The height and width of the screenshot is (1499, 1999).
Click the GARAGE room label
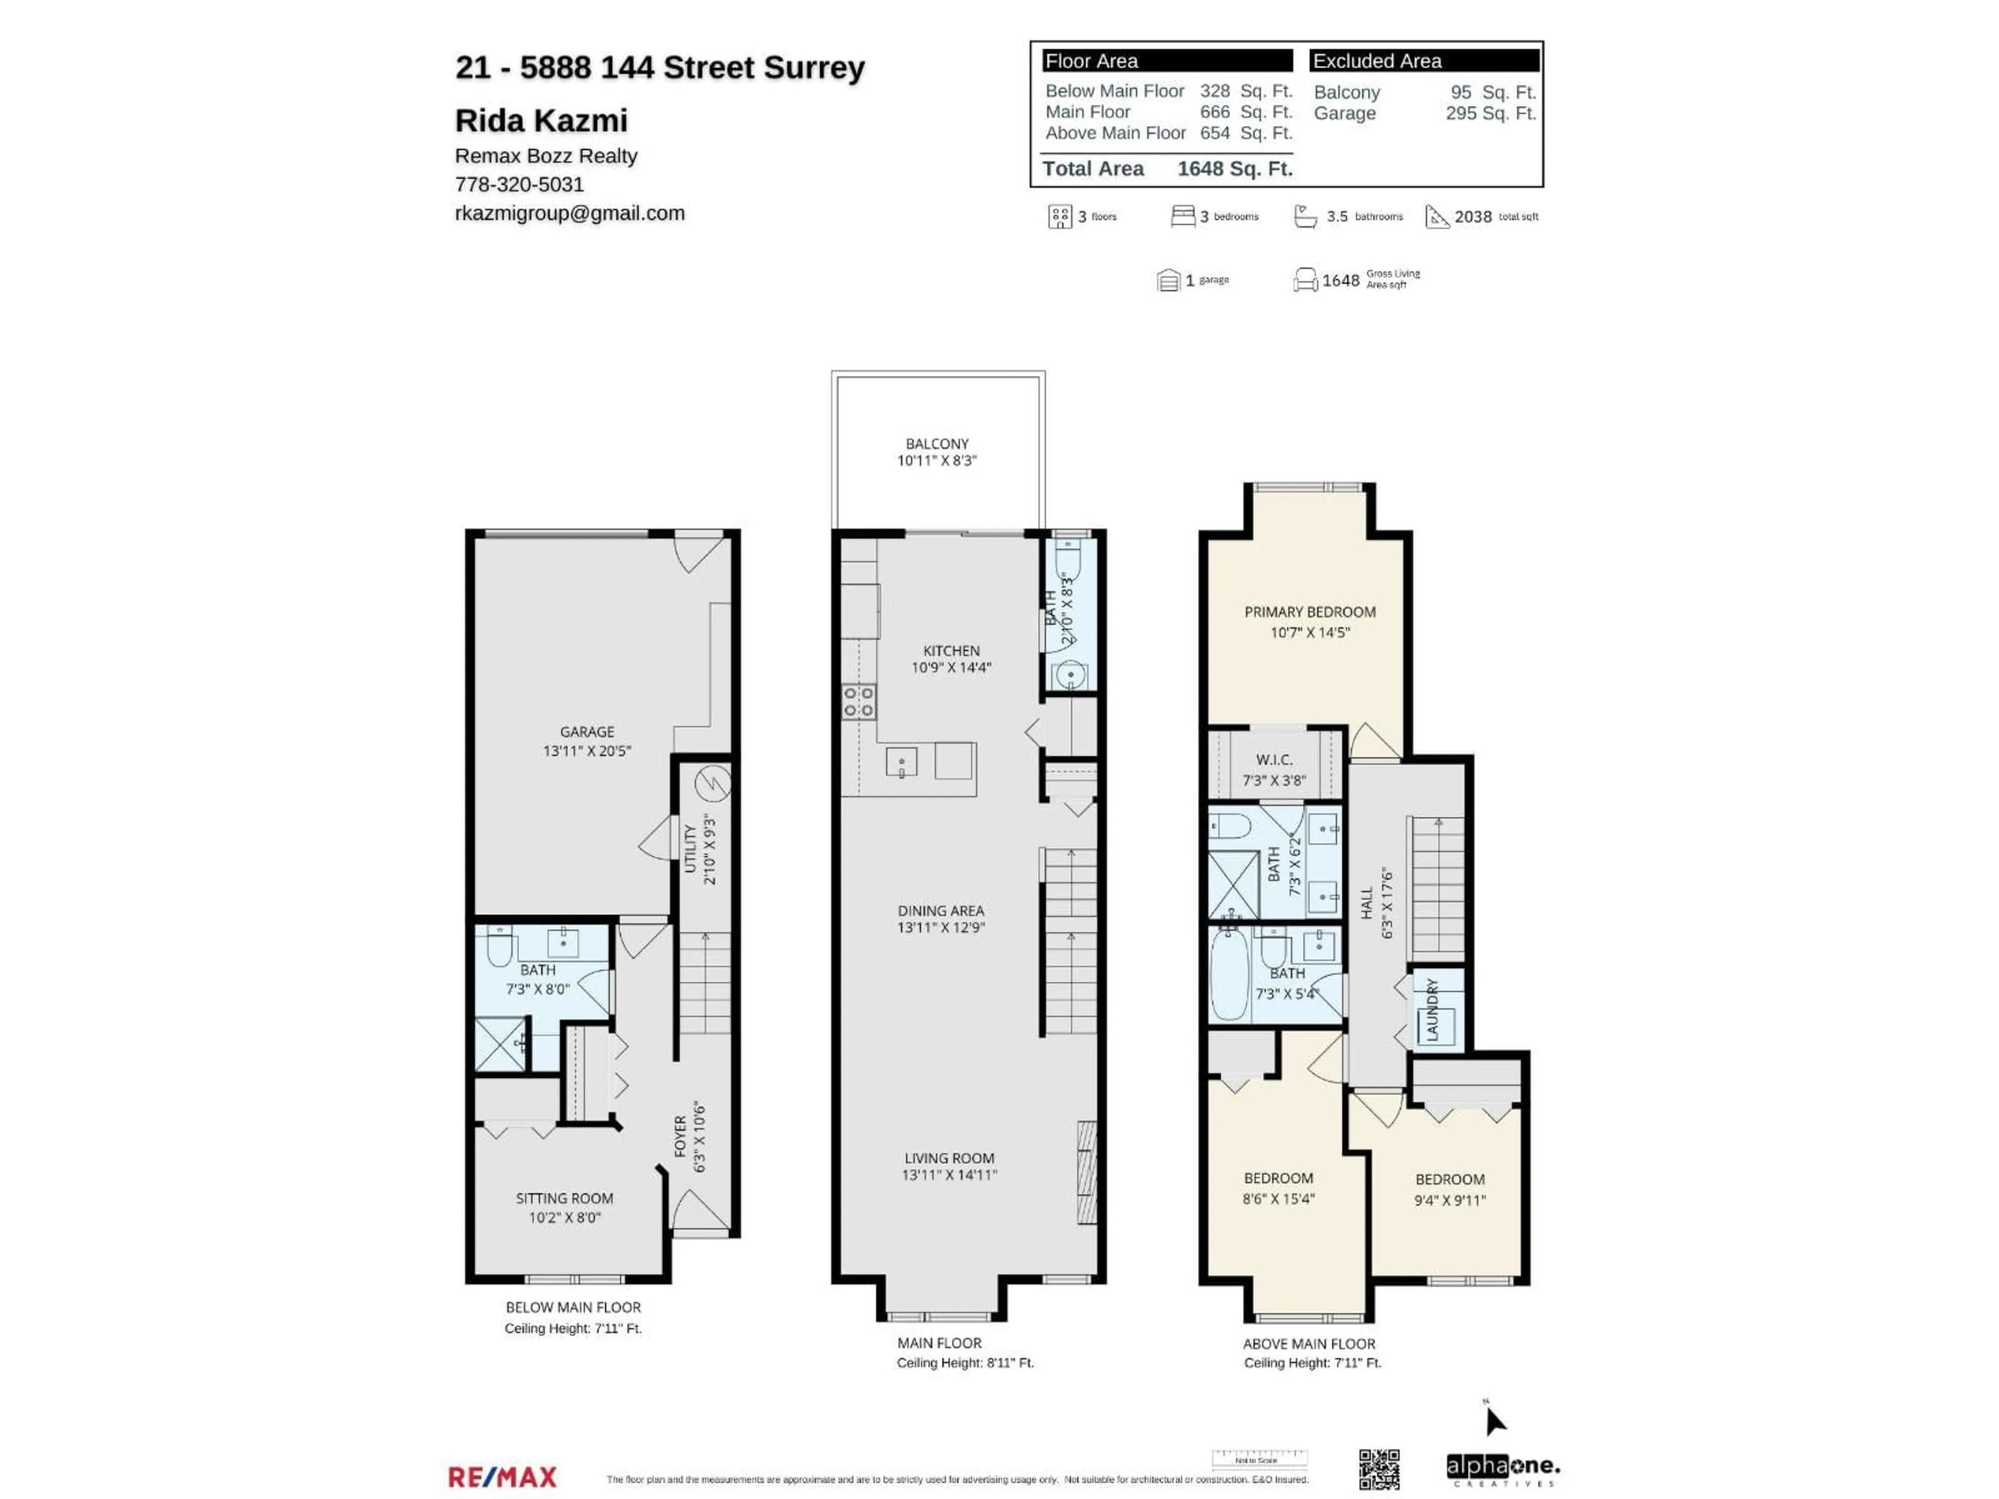tap(587, 732)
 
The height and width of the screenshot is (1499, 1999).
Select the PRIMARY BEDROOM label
tap(1309, 612)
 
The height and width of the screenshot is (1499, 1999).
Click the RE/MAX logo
tap(502, 1477)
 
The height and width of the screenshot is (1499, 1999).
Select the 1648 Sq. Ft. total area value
tap(1234, 169)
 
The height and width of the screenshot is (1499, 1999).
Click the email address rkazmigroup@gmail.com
tap(570, 213)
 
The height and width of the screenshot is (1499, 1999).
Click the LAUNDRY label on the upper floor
tap(1432, 1009)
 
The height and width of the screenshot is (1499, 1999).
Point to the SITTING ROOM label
tap(564, 1198)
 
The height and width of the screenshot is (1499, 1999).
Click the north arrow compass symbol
tap(1495, 1421)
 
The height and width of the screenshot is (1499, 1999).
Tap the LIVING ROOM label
tap(949, 1159)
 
